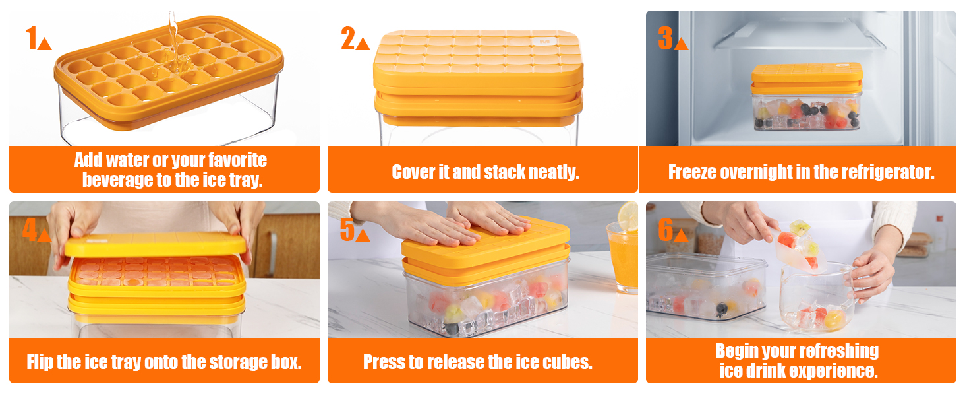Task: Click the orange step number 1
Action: [x=30, y=39]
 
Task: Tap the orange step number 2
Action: [x=348, y=39]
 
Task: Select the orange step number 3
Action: [x=665, y=39]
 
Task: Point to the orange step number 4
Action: [x=30, y=230]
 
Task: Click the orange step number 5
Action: [x=347, y=230]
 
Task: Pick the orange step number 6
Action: [x=665, y=230]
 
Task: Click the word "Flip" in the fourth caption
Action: [x=40, y=362]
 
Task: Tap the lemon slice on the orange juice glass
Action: [x=628, y=216]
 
